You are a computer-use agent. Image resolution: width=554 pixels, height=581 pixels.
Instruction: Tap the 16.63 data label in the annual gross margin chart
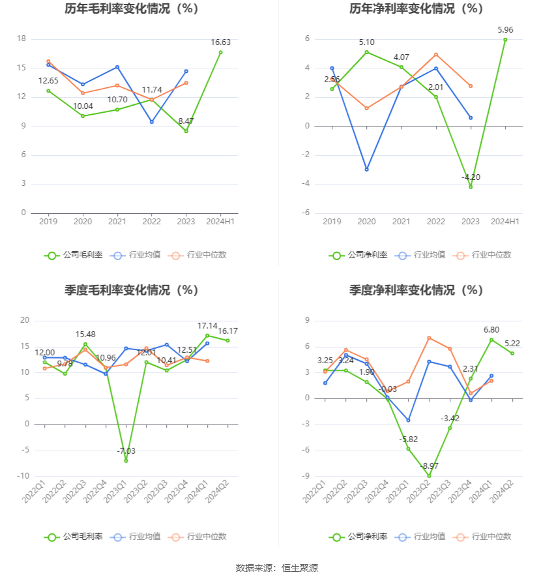pos(220,42)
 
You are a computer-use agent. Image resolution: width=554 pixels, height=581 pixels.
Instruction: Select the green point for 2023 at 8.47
pos(186,131)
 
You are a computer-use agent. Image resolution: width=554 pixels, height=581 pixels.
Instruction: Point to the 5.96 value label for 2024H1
pos(505,30)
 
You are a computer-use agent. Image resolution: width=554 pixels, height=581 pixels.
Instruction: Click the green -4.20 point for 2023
pos(471,186)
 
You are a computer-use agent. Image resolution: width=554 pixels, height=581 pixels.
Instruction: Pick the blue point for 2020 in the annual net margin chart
pos(367,170)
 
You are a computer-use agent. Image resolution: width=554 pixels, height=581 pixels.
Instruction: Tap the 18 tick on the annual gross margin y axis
pos(22,38)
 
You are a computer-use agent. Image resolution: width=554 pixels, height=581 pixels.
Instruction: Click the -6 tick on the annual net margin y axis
pos(305,213)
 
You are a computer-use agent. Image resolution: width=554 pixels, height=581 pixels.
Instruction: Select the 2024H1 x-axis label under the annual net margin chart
pos(505,222)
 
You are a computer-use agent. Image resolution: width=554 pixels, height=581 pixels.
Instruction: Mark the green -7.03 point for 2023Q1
pos(126,461)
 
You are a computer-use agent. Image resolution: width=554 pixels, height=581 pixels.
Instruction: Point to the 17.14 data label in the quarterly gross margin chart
pos(207,325)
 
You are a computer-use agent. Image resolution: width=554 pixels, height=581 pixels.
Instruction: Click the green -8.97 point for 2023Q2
pos(429,476)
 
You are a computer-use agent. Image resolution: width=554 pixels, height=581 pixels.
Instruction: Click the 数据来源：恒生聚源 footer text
pos(277,568)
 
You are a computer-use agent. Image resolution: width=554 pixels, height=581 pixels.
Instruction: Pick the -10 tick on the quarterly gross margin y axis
pos(23,476)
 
